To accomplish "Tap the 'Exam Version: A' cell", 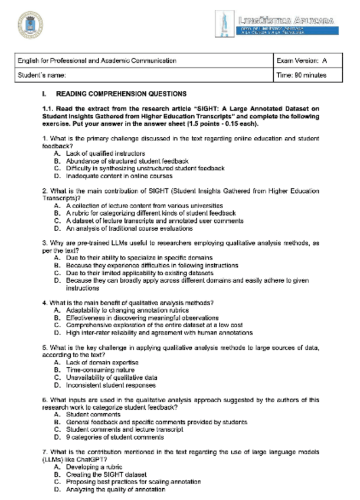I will (x=302, y=61).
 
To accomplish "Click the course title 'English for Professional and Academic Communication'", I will (x=97, y=61).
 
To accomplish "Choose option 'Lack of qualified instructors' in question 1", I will (x=97, y=153).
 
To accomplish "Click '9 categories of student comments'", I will (x=114, y=437).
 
